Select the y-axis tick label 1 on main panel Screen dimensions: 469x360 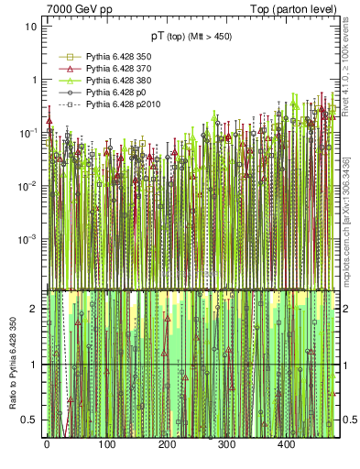[33, 80]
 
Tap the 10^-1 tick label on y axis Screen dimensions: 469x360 [27, 133]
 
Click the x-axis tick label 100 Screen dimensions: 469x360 [106, 445]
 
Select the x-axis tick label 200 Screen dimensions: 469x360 [167, 445]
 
